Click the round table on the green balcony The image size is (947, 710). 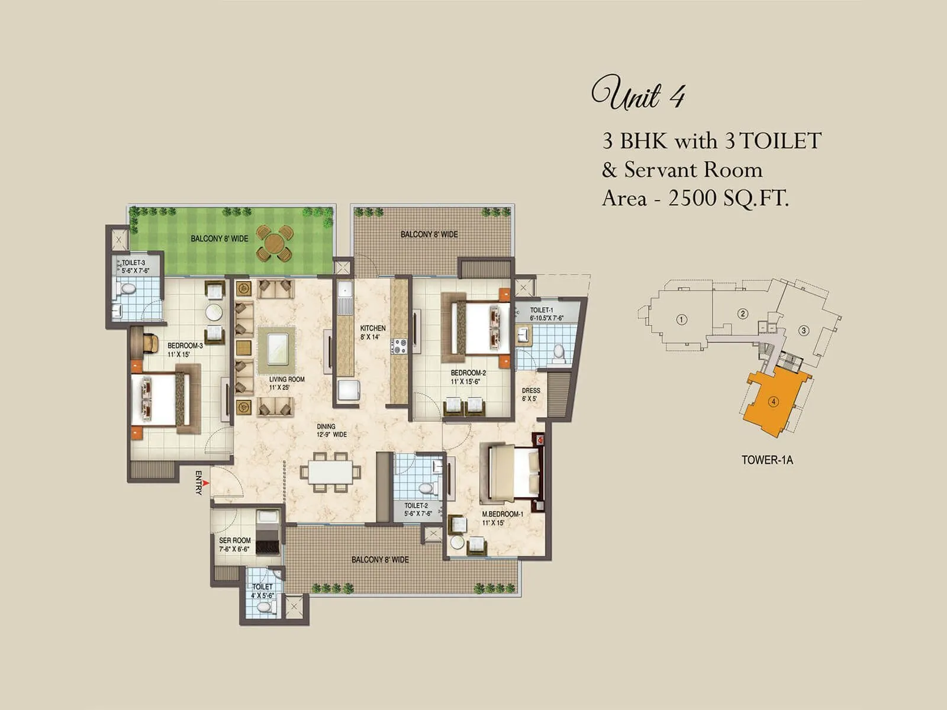point(275,243)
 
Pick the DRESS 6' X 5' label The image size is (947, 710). point(531,394)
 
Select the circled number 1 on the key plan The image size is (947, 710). point(682,319)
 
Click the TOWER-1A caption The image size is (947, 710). point(766,460)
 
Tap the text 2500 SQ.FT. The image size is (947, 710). point(729,198)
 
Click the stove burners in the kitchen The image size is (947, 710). point(399,346)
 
